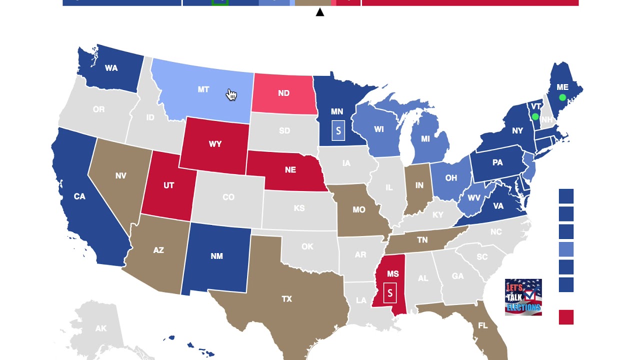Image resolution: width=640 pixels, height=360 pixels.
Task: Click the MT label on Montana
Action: coord(203,89)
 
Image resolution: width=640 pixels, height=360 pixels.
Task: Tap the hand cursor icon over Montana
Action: coord(231,94)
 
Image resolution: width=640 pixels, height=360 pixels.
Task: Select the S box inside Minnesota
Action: coord(338,131)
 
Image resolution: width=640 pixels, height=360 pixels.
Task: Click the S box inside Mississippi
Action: coord(390,293)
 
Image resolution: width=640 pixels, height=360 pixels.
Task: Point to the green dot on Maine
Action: coord(562,97)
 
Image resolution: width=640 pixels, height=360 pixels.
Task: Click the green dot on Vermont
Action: coord(535,116)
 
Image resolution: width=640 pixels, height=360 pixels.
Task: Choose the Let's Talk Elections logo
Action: coord(523,297)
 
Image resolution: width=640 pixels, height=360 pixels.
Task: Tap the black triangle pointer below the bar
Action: coord(320,12)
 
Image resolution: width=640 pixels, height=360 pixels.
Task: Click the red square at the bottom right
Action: coord(566,317)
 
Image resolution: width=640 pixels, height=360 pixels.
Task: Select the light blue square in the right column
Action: coord(566,249)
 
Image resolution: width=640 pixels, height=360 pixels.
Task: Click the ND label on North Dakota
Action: coord(283,93)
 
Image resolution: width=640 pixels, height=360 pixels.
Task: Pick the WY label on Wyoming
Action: coord(215,144)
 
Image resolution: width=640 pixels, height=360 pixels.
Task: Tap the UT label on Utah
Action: coord(168,185)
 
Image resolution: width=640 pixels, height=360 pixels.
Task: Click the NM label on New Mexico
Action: coord(216,256)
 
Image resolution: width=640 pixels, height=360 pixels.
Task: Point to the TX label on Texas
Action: coord(286,299)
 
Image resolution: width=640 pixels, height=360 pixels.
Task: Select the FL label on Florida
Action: coord(482,325)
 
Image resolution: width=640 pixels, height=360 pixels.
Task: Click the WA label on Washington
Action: coord(111,68)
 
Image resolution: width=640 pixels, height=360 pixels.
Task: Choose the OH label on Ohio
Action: coord(451,178)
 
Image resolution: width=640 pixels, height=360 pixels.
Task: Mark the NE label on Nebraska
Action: coord(290,170)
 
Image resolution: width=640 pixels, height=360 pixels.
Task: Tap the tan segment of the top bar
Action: coord(312,2)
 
